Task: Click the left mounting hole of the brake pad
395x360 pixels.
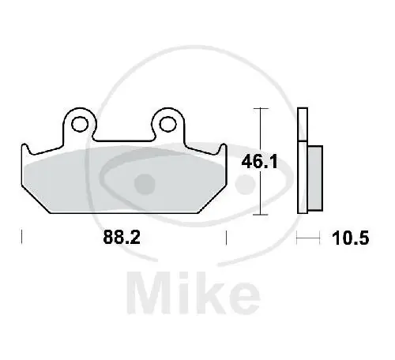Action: (x=80, y=124)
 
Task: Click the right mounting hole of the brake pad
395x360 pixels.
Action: (x=167, y=124)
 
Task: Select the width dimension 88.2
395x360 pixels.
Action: (x=122, y=237)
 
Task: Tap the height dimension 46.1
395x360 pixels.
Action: (x=259, y=162)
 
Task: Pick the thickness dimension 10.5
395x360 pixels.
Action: (x=351, y=238)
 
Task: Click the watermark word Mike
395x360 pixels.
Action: (x=194, y=293)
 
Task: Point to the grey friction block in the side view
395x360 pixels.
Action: (x=315, y=178)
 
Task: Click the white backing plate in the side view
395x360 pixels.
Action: (x=303, y=160)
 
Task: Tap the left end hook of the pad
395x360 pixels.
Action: (x=25, y=149)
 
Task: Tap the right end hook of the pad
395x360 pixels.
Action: (x=223, y=149)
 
